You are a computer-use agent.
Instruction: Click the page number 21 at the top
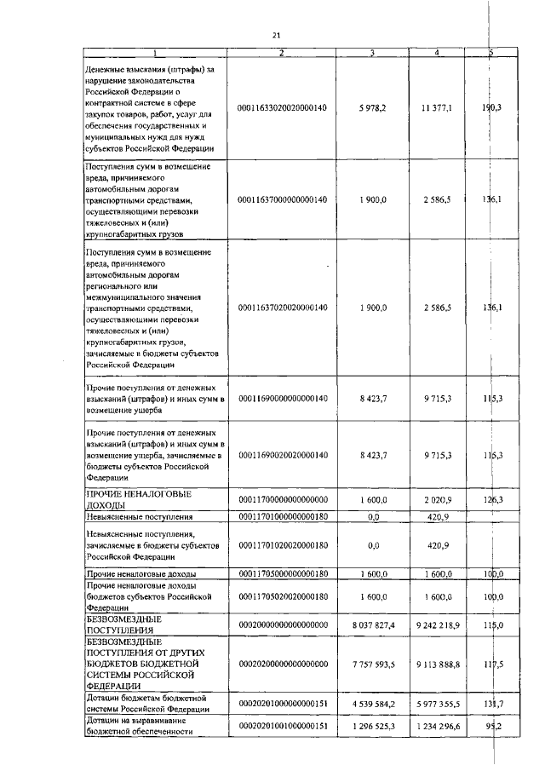(x=276, y=35)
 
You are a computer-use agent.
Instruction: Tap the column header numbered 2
(x=282, y=54)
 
